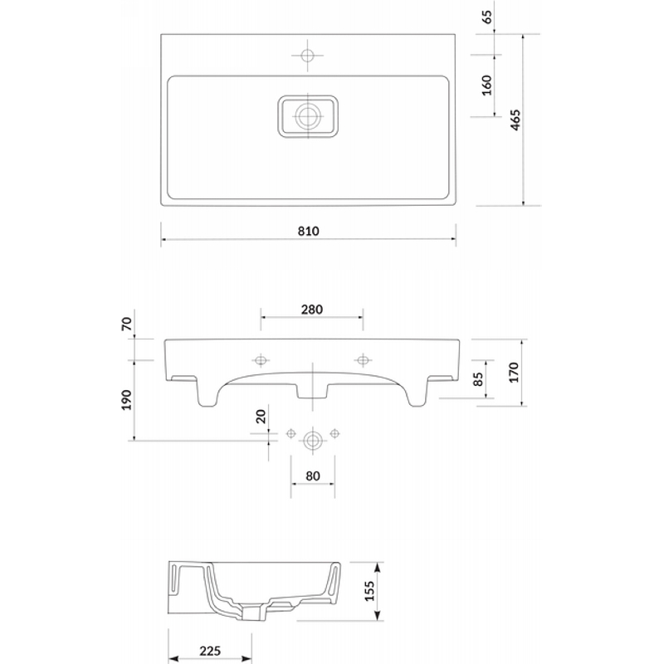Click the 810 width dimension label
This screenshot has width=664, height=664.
[x=308, y=232]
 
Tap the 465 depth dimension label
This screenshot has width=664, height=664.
[x=515, y=120]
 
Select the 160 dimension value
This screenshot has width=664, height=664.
[x=487, y=85]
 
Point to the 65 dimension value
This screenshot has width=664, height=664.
[x=487, y=17]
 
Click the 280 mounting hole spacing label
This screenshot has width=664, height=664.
[x=312, y=310]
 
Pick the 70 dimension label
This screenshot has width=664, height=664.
[x=127, y=324]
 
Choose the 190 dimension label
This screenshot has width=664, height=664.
[x=127, y=400]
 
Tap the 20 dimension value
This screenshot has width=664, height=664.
[x=261, y=417]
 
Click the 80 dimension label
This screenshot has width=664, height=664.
[x=313, y=476]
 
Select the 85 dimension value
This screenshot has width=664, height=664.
[x=477, y=379]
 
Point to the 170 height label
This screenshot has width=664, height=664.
[x=513, y=373]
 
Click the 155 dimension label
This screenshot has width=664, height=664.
[x=369, y=591]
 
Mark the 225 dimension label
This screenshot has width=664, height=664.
[x=210, y=650]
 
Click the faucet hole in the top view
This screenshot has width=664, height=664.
[x=308, y=55]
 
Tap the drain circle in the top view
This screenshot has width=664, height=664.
[x=308, y=116]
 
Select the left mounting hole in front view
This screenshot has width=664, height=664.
[x=261, y=360]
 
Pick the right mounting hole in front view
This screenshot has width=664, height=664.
[x=363, y=360]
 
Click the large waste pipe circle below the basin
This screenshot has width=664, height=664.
[x=313, y=441]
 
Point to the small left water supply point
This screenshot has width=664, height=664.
[x=290, y=433]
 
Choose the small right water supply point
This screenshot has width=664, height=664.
[x=334, y=433]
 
